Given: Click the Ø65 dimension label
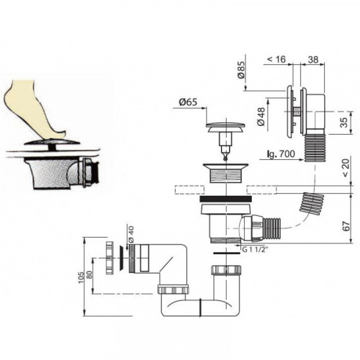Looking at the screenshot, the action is point(188,102).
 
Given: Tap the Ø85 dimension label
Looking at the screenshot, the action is point(240,70).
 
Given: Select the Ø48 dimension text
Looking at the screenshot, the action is point(261,116).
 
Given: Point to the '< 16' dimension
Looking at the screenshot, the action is point(276,59).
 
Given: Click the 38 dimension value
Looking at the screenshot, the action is point(313,59).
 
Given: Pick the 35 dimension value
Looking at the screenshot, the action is point(344,122).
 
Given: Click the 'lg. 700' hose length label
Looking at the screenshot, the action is point(280,153).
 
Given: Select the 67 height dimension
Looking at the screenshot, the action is point(346,226).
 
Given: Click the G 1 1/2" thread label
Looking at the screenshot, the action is point(255,250).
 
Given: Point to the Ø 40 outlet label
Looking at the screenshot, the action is point(131,235).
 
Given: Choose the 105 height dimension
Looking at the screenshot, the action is point(81,277).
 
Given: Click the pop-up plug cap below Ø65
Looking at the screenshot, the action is point(225,127).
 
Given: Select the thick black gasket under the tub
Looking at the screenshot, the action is point(225,199).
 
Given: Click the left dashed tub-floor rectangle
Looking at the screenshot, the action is point(190,189).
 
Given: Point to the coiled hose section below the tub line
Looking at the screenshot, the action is point(312,204).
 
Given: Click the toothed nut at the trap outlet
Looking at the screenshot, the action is point(109,258).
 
